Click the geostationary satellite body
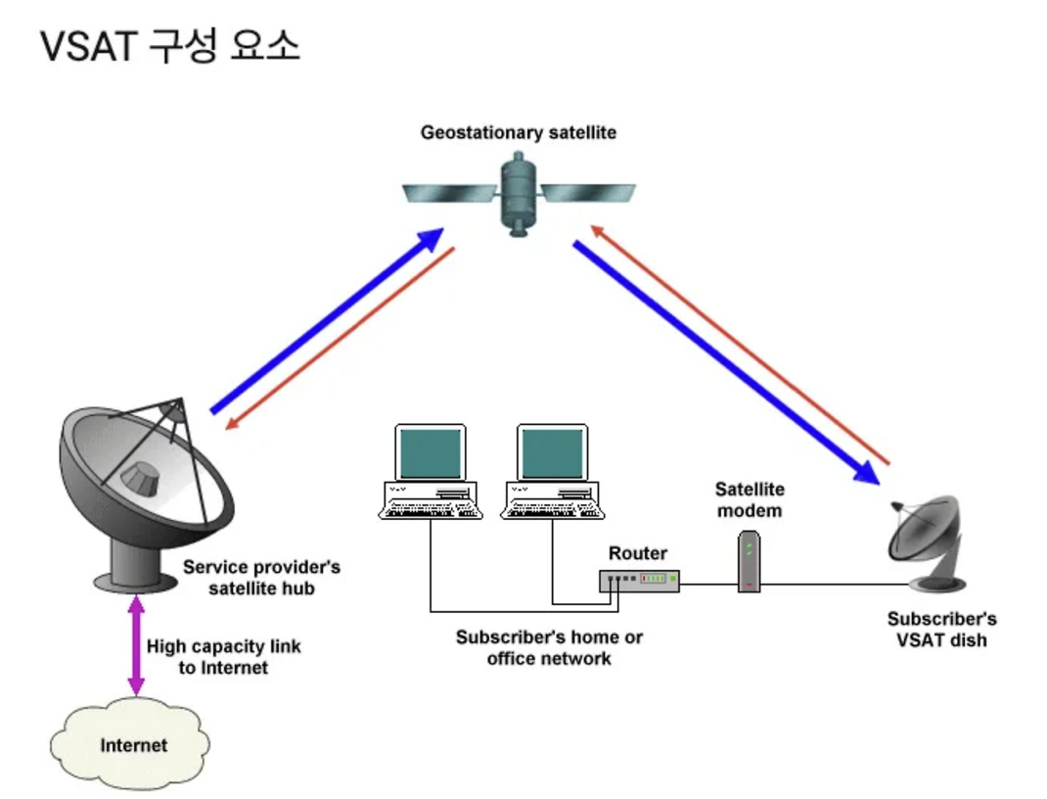click(519, 195)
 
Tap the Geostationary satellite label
click(519, 132)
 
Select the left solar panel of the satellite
click(451, 193)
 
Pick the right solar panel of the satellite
click(587, 192)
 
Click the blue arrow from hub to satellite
click(327, 320)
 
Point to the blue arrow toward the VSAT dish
click(726, 362)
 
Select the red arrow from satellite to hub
click(340, 339)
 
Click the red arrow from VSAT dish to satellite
click(740, 345)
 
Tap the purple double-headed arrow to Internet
click(136, 645)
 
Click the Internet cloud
click(131, 743)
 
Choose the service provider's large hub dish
click(147, 494)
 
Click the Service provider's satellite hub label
click(261, 577)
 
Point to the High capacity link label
click(224, 657)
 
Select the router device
click(639, 580)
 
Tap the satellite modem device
click(750, 561)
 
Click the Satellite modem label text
click(750, 499)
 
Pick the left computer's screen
click(430, 453)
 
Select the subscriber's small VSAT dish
click(929, 543)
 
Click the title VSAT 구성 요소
click(170, 46)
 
